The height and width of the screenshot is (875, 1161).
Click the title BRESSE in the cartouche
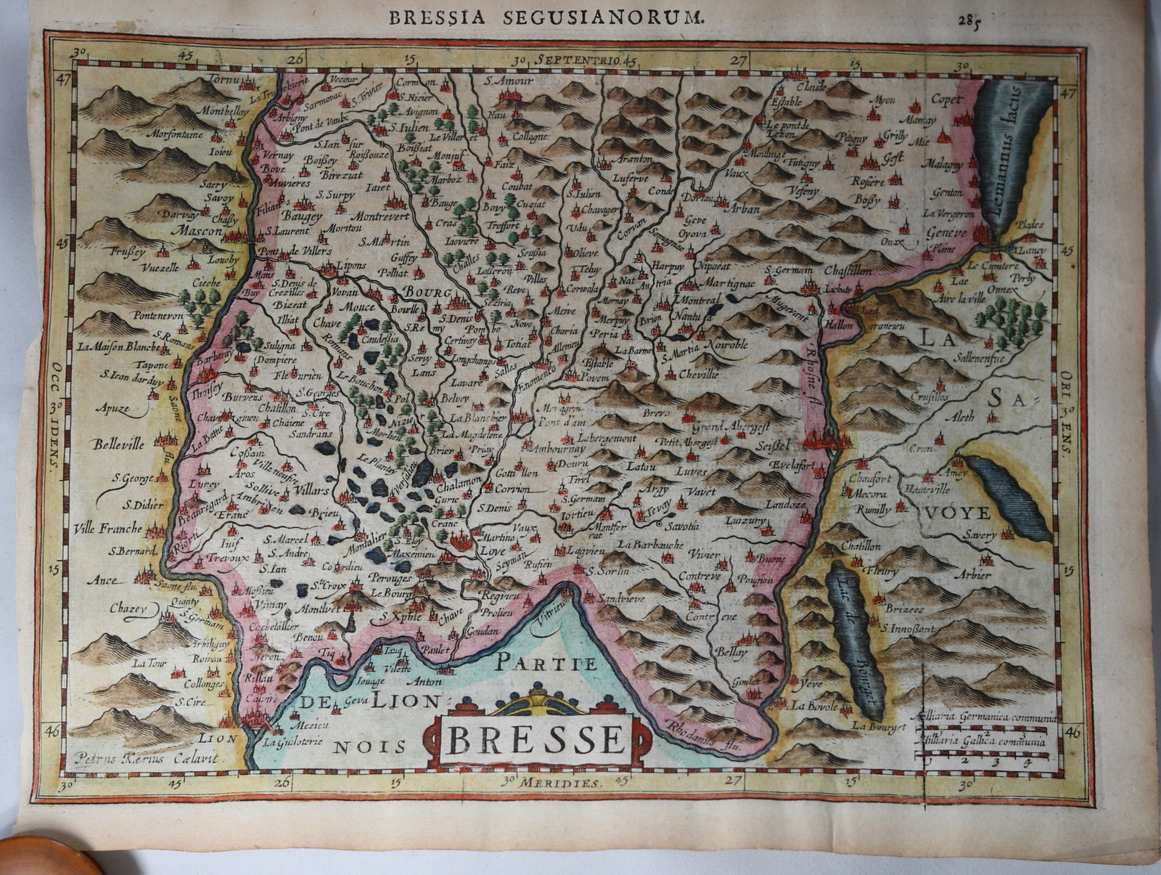[x=536, y=739]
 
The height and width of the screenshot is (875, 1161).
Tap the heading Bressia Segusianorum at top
[x=545, y=18]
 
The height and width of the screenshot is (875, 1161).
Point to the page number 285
[x=968, y=20]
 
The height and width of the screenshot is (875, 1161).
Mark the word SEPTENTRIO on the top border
[x=574, y=60]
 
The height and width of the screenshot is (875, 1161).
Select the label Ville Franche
[x=108, y=529]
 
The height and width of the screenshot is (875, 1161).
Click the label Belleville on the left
[x=118, y=444]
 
